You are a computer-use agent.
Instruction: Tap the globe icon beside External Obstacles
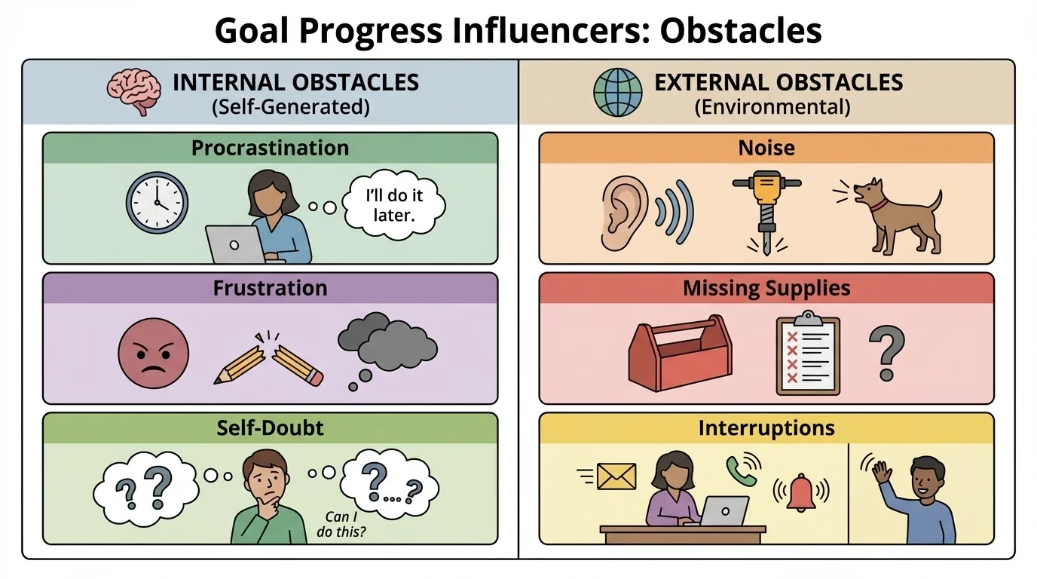pyautogui.click(x=618, y=93)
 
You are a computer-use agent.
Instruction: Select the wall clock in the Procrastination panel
pyautogui.click(x=157, y=203)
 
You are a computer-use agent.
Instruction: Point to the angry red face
pyautogui.click(x=154, y=353)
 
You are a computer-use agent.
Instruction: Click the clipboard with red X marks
pyautogui.click(x=808, y=354)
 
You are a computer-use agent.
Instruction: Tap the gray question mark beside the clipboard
pyautogui.click(x=886, y=353)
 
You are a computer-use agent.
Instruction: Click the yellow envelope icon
pyautogui.click(x=616, y=476)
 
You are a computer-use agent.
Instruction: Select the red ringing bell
pyautogui.click(x=801, y=494)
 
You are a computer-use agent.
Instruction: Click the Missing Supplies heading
pyautogui.click(x=766, y=288)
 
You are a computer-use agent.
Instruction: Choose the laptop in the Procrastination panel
pyautogui.click(x=234, y=244)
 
